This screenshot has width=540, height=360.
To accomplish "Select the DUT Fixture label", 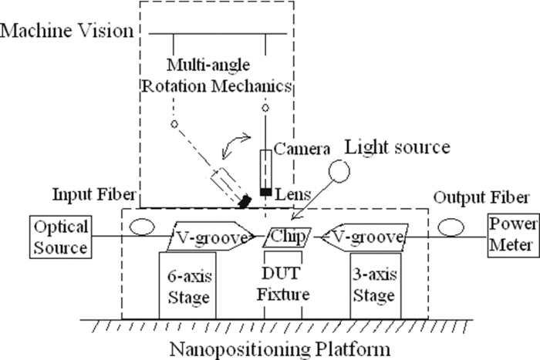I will tap(287, 286).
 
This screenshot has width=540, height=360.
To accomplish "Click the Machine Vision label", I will tap(68, 31).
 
